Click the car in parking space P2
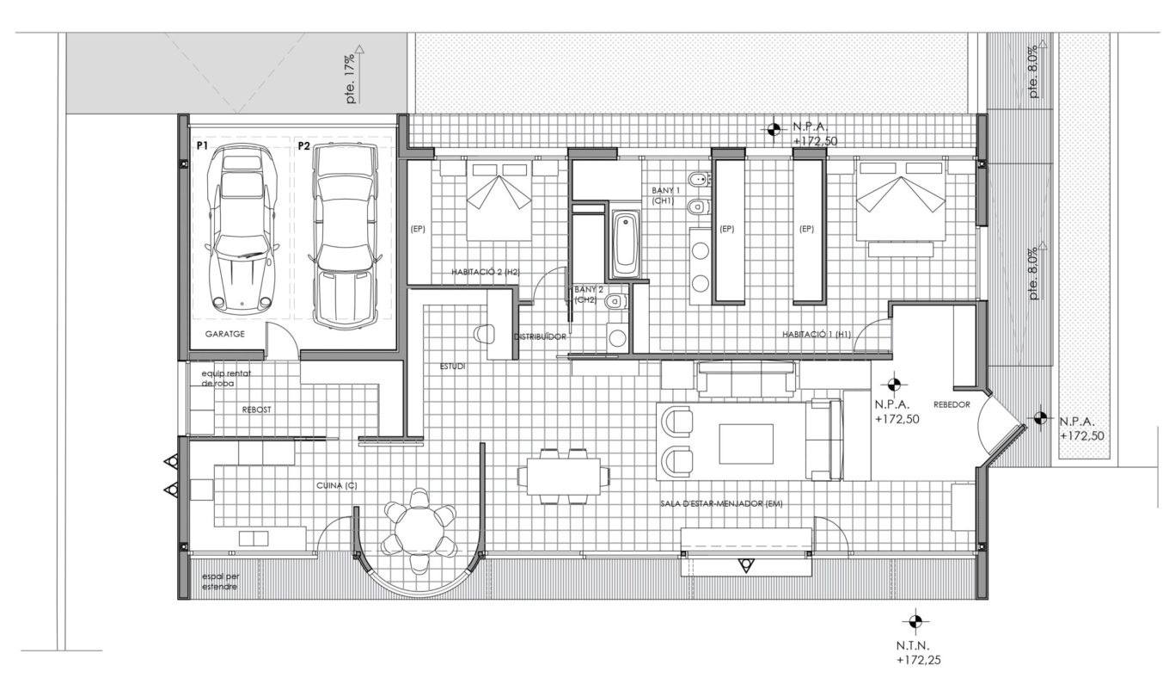[345, 236]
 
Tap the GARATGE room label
[225, 334]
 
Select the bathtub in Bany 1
[625, 244]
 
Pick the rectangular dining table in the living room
[564, 476]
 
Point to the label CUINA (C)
[337, 486]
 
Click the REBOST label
[257, 410]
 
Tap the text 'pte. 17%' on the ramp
[352, 78]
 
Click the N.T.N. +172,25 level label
[919, 653]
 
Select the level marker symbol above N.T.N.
[915, 621]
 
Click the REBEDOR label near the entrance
[952, 404]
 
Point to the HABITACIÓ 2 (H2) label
[486, 272]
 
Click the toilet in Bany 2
[616, 301]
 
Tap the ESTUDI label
[452, 367]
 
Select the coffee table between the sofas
[746, 444]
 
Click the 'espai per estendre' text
[221, 582]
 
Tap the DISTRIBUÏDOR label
[540, 337]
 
